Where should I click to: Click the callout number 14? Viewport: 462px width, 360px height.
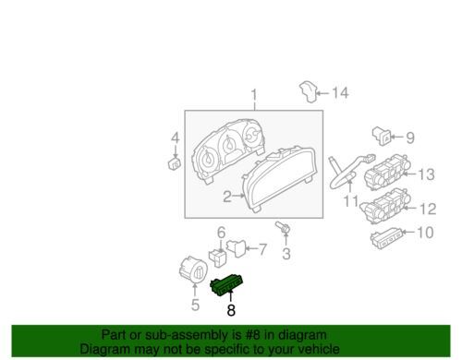tap(340, 92)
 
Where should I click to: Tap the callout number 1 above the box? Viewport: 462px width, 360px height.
tap(254, 95)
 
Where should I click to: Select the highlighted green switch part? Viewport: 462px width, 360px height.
tap(227, 284)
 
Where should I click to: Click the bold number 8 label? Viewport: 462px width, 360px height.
tap(231, 310)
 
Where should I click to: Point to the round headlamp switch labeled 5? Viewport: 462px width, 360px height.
tap(193, 269)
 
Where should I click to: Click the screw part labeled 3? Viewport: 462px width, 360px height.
tap(284, 228)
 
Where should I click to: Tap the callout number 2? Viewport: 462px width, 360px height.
tap(227, 197)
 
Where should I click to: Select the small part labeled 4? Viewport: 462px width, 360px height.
tap(175, 163)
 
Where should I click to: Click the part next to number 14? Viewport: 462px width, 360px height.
tap(309, 91)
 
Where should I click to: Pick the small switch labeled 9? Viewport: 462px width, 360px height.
tap(382, 136)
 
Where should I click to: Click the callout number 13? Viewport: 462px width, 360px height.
tap(426, 174)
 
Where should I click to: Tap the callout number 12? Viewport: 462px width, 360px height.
tap(428, 209)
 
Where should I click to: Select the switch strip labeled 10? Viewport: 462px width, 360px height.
tap(386, 238)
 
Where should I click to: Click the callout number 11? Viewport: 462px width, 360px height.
tap(351, 201)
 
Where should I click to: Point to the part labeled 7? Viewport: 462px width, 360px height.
tap(237, 248)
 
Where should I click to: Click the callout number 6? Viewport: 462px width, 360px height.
tap(222, 233)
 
